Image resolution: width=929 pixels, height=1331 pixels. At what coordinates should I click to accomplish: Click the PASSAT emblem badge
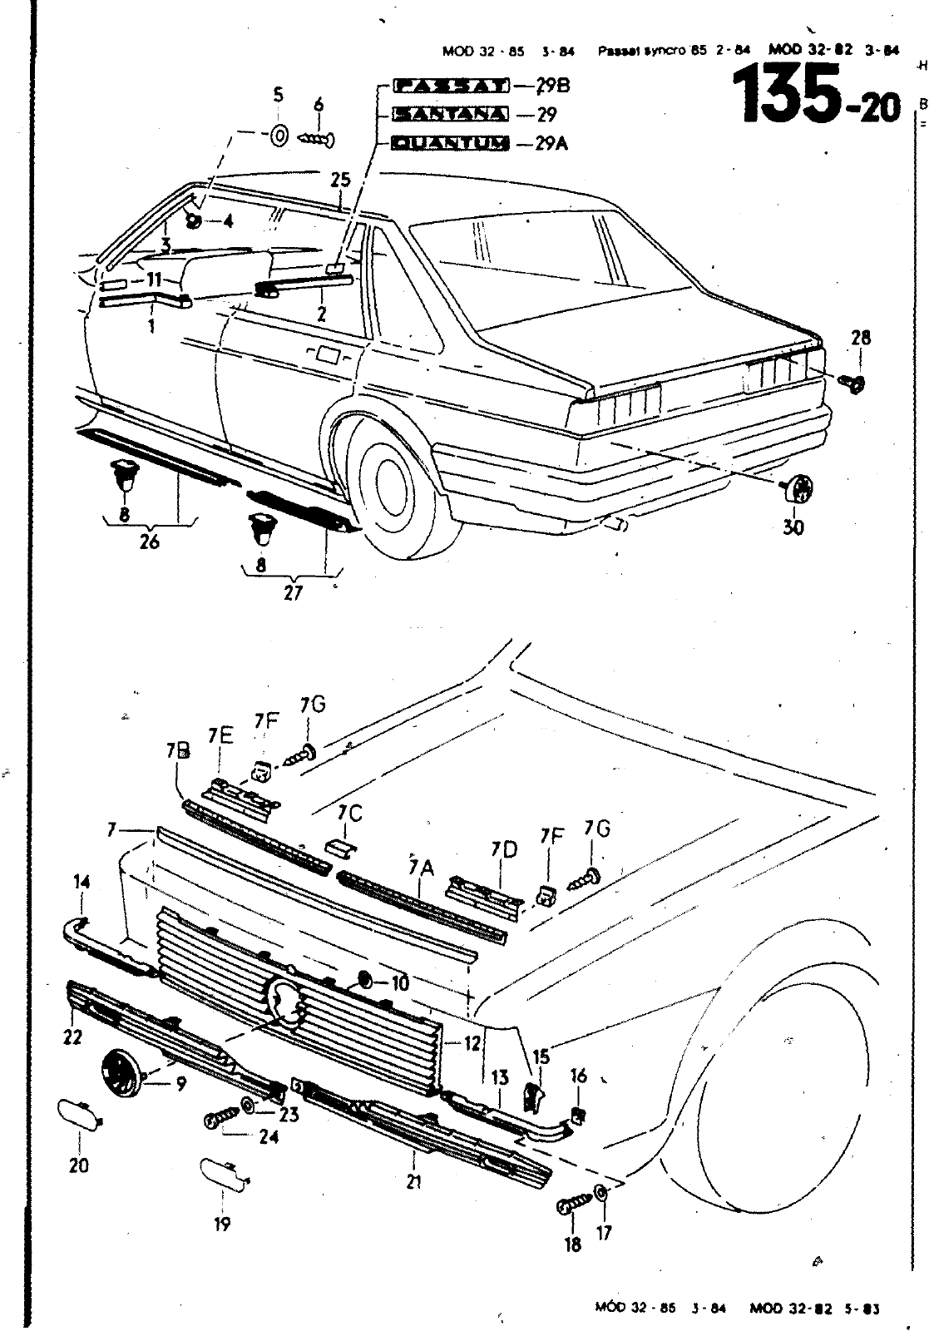[x=450, y=85]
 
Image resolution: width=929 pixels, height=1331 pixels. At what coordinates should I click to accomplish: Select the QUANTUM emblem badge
[x=450, y=143]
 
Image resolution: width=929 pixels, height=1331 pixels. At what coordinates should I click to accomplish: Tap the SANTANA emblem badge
[x=450, y=114]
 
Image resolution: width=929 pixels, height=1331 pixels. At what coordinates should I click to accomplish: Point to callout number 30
[x=793, y=527]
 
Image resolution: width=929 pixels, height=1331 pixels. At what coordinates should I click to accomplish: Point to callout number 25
[x=340, y=180]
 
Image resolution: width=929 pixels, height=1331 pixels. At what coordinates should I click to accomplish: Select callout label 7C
[x=350, y=813]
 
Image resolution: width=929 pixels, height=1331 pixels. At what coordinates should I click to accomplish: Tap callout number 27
[x=293, y=592]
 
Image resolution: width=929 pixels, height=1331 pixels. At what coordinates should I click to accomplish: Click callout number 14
[x=82, y=882]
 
